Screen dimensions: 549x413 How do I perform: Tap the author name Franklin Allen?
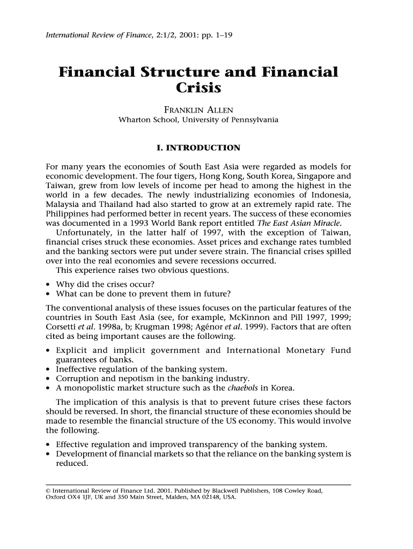198,110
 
